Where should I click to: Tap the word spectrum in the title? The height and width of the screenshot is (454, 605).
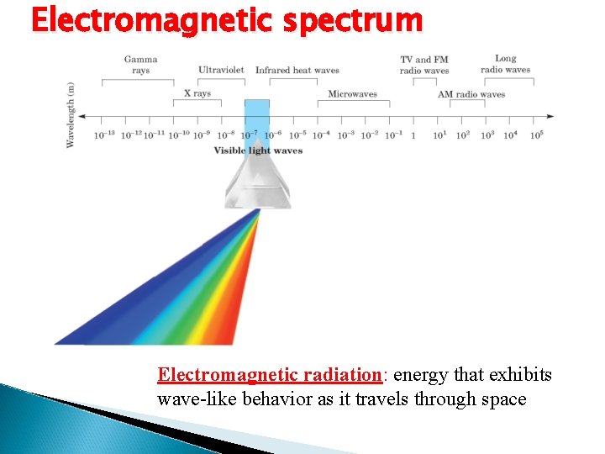[x=353, y=20]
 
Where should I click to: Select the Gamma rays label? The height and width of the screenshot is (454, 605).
[x=140, y=65]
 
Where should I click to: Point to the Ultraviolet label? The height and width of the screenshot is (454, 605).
[x=222, y=71]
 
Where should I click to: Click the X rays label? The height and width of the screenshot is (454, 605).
[x=197, y=93]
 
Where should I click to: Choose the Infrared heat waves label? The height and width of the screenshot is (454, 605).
[x=297, y=71]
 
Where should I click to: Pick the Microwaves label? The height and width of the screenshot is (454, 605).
[x=352, y=94]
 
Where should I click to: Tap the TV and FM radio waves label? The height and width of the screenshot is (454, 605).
[x=424, y=66]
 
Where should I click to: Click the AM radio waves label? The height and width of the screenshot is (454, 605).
[x=471, y=94]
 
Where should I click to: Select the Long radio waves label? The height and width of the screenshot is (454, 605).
[x=505, y=64]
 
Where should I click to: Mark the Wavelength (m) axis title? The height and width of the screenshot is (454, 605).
[x=71, y=115]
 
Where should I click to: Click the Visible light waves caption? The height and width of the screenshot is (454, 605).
[x=257, y=151]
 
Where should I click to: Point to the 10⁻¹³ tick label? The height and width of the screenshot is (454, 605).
[x=104, y=135]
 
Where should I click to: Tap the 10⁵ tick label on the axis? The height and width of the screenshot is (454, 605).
[x=534, y=135]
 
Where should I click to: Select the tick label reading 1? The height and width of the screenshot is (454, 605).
[x=413, y=135]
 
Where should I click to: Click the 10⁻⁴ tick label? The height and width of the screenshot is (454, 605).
[x=322, y=135]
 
